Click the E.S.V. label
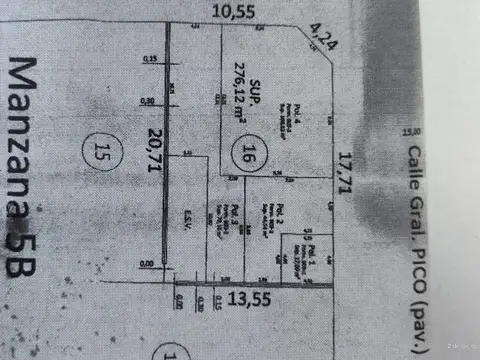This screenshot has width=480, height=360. (x=187, y=216)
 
